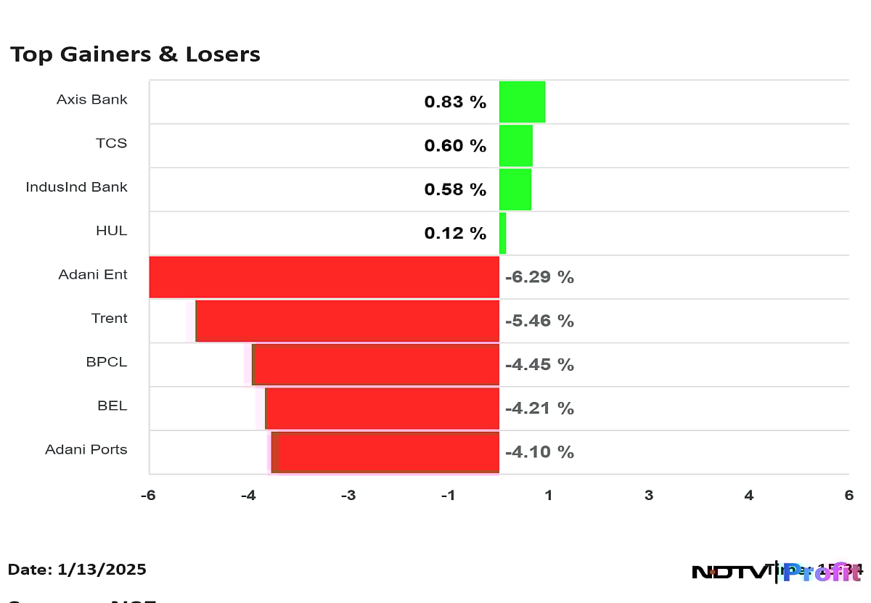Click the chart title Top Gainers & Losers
coord(135,54)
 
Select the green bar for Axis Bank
coord(522,102)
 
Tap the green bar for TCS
coord(515,146)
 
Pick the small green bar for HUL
coord(502,233)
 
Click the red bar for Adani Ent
coord(324,277)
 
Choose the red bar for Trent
coord(347,321)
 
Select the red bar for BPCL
coord(375,364)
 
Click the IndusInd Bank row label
coord(76,187)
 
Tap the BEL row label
coord(112,406)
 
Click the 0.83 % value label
coord(455,102)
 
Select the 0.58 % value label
coord(455,189)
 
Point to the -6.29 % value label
coord(539,277)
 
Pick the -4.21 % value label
coord(539,409)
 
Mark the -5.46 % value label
coord(539,321)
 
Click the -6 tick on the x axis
coord(149,495)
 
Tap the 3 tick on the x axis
coord(648,495)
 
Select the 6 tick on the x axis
coord(848,495)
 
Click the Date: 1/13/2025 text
coord(77,570)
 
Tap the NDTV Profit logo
coord(775,572)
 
